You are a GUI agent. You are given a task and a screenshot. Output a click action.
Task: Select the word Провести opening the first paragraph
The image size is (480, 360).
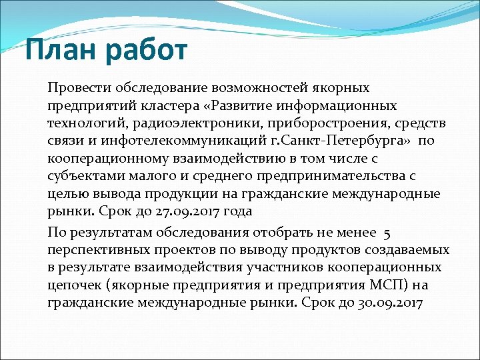(x=79, y=88)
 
